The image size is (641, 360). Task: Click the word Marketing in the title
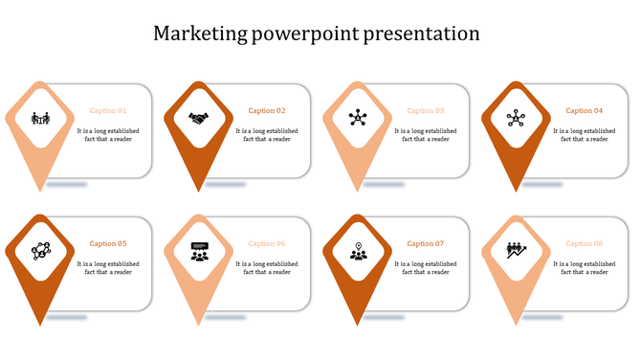[199, 34]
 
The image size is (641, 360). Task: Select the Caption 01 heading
[108, 111]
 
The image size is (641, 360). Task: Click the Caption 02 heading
[267, 111]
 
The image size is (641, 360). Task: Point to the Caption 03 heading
[426, 111]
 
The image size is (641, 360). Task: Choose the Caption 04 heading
[585, 111]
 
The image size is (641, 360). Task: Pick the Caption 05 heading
[108, 244]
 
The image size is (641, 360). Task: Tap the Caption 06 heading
[267, 244]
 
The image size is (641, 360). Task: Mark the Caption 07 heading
[426, 244]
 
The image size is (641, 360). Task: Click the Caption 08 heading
[585, 244]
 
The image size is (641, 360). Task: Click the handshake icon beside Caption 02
[199, 119]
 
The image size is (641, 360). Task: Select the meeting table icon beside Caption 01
[40, 119]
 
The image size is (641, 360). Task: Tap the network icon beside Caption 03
[358, 119]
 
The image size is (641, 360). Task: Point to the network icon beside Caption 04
[517, 119]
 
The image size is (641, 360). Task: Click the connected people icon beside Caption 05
[40, 251]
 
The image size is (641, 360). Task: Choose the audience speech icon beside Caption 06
[199, 252]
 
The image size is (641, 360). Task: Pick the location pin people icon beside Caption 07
[358, 252]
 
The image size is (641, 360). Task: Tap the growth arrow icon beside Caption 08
[517, 251]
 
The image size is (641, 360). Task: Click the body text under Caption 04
[585, 135]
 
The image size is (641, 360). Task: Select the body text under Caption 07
[426, 268]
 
